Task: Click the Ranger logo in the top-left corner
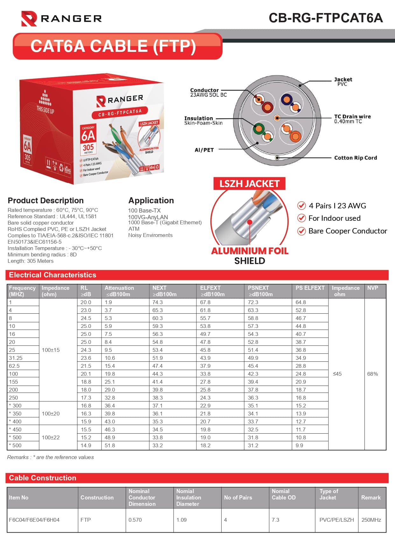click(x=61, y=18)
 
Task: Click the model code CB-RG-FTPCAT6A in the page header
click(x=326, y=18)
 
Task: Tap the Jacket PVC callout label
click(x=343, y=81)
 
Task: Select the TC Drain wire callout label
click(x=352, y=119)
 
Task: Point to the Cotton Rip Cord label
click(x=355, y=158)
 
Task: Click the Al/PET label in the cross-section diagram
click(x=204, y=150)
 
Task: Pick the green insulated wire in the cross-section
click(x=258, y=129)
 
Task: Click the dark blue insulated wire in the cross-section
click(x=286, y=100)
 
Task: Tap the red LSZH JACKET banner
click(x=249, y=184)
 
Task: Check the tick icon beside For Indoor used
click(x=301, y=218)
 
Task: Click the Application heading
click(x=151, y=200)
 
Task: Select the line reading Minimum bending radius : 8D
click(x=42, y=255)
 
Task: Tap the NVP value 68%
click(x=372, y=374)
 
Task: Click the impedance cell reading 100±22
click(x=51, y=437)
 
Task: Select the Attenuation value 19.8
click(x=110, y=374)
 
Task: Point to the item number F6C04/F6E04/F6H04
click(x=34, y=520)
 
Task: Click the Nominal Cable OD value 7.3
click(x=275, y=520)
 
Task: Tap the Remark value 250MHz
click(x=371, y=520)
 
